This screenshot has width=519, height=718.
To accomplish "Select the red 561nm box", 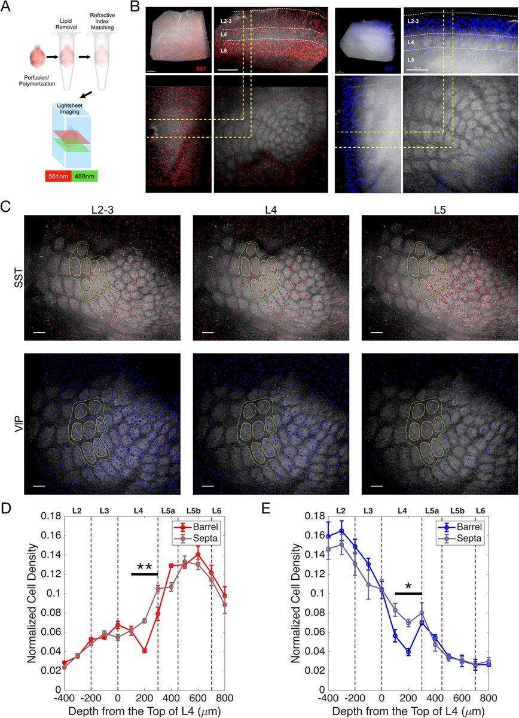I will pos(59,177).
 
